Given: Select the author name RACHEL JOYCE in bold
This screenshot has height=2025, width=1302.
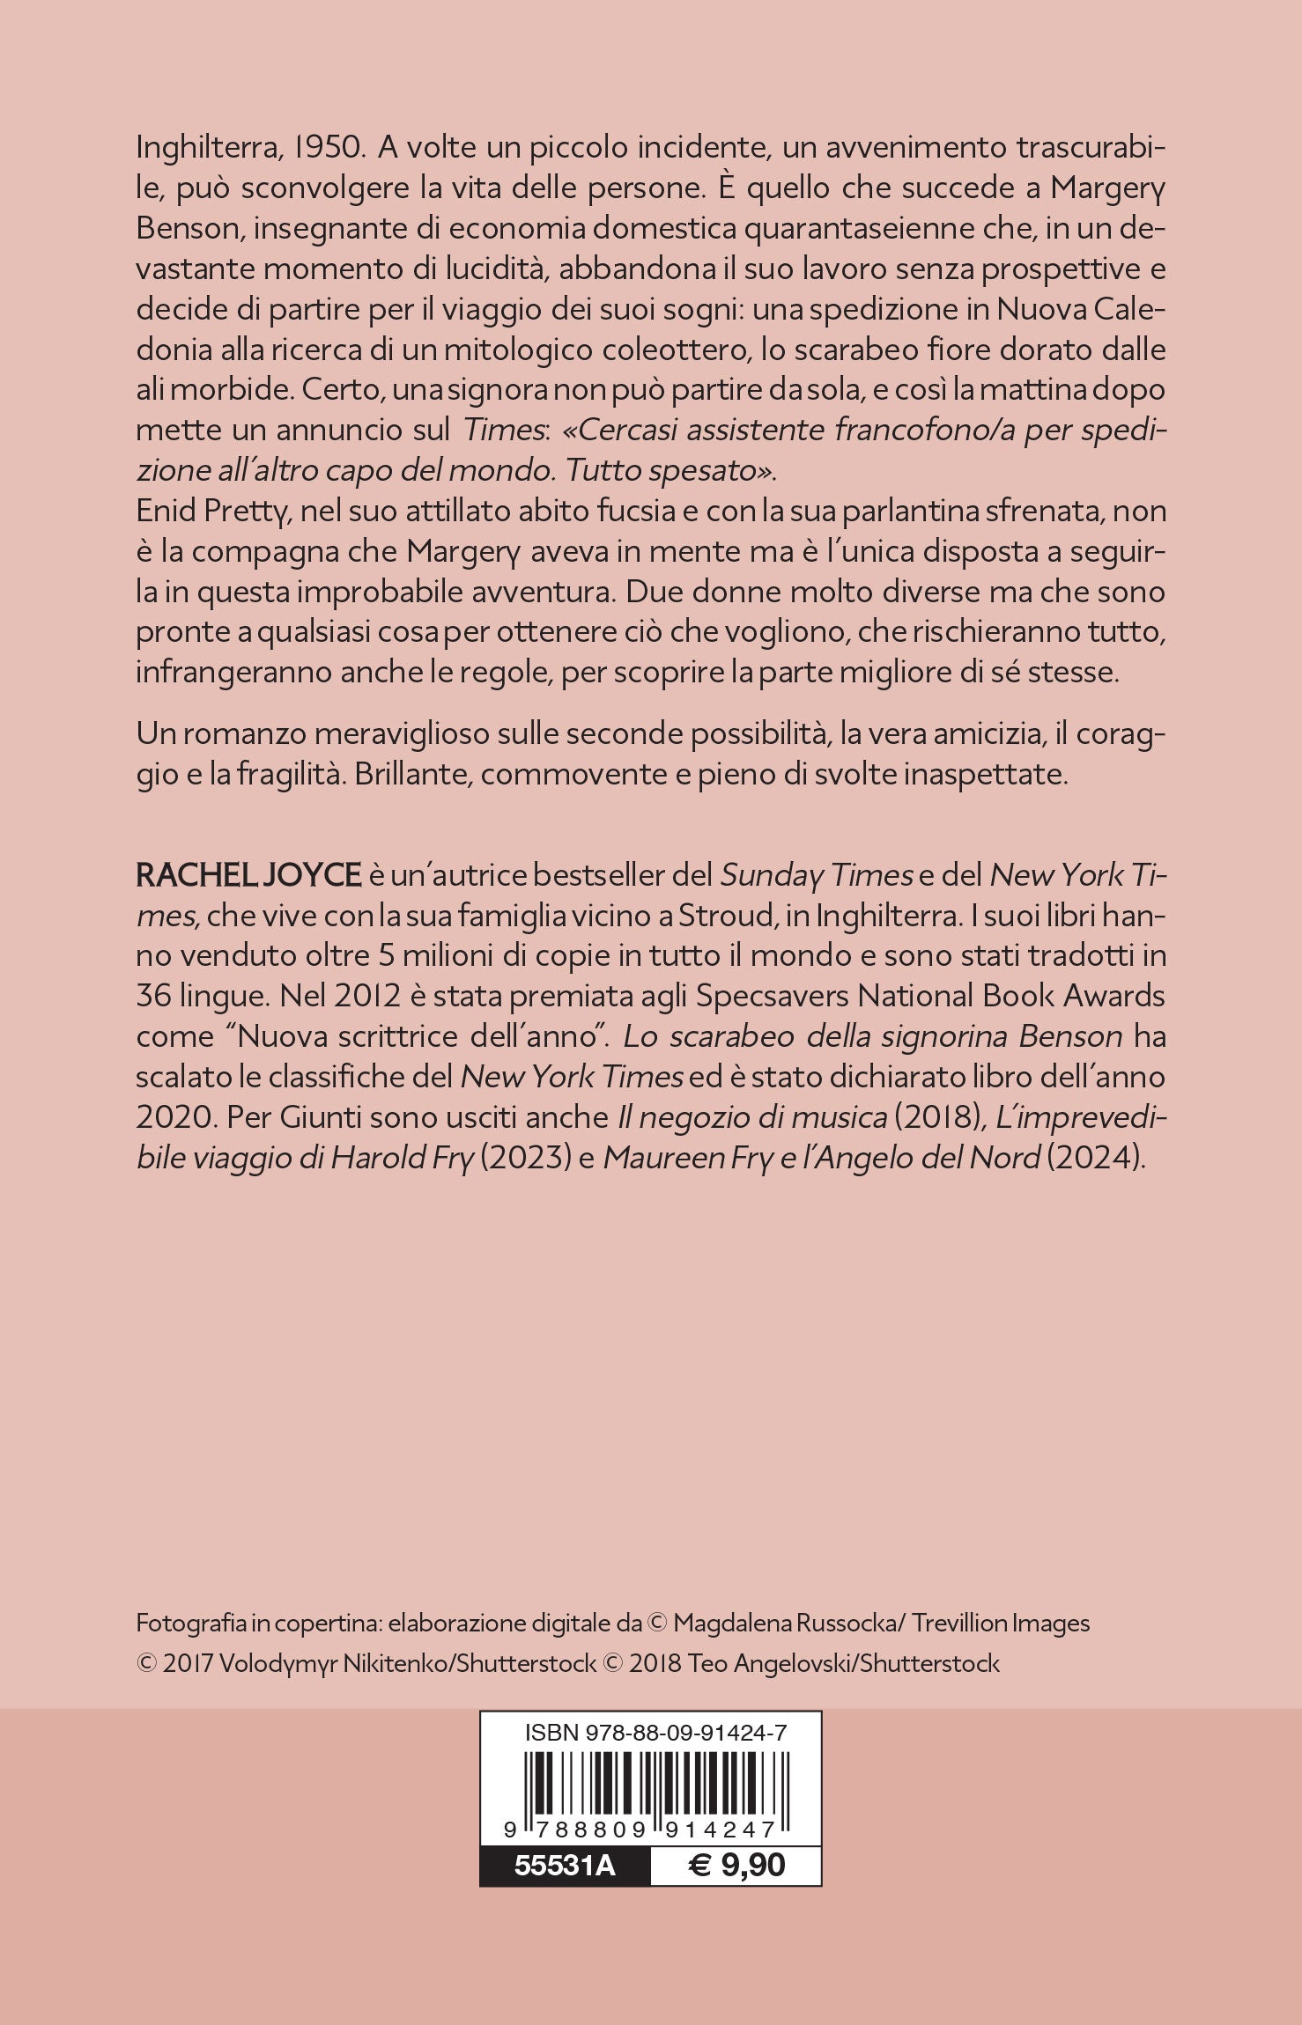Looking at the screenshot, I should (x=248, y=875).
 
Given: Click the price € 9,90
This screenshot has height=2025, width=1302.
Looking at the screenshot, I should (x=736, y=1865).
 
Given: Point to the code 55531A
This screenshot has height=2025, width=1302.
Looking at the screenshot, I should (x=565, y=1865).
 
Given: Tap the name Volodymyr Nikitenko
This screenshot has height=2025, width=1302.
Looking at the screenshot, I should (x=361, y=1663).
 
